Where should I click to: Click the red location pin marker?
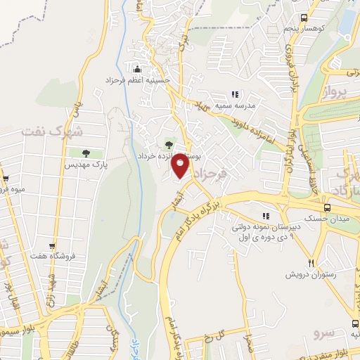[x=181, y=165]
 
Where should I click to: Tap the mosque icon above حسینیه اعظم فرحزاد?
[x=136, y=69]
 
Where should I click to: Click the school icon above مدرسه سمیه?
[x=236, y=94]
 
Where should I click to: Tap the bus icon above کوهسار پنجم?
[x=303, y=18]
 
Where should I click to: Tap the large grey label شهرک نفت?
[x=52, y=131]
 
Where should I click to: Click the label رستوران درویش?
[x=311, y=274]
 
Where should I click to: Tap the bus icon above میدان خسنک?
[x=326, y=207]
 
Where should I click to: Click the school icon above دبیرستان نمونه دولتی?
[x=266, y=216]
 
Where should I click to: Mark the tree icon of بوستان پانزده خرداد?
[x=168, y=144]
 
